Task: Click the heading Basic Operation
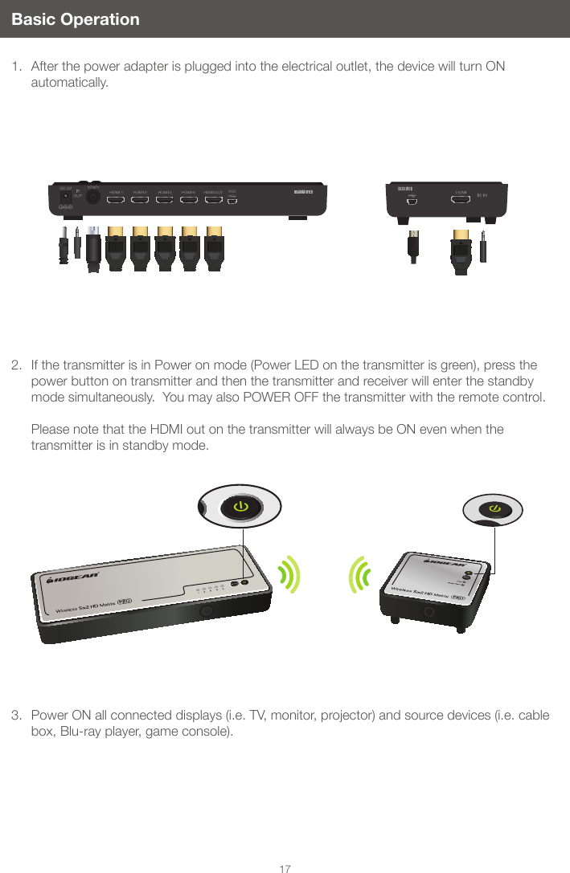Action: point(76,19)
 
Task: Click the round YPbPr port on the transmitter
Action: point(93,195)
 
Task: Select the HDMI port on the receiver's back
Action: point(461,200)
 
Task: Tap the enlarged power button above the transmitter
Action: point(239,506)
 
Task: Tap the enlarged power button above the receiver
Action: point(494,509)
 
